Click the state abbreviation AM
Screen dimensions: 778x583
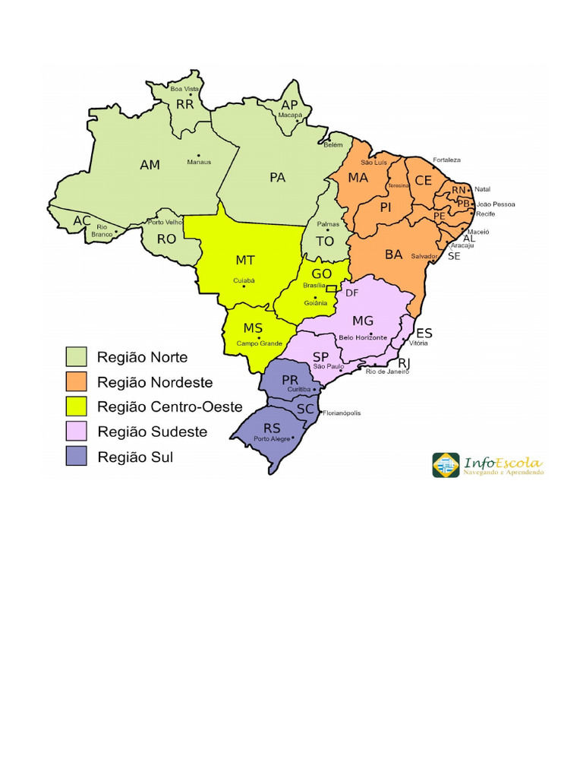pos(150,164)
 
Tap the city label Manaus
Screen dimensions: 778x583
pos(199,162)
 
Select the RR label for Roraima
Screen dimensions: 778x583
pos(184,105)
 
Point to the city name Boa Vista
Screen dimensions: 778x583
pos(184,89)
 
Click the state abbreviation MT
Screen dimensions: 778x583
pos(245,260)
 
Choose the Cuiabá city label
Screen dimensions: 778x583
pos(244,280)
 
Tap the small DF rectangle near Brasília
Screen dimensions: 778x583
pos(331,289)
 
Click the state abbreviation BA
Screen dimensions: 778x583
pos(393,255)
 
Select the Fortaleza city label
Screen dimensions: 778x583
pos(446,160)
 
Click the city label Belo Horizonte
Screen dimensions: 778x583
pos(363,337)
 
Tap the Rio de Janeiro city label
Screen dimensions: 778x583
pos(387,372)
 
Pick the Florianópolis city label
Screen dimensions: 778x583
pos(342,413)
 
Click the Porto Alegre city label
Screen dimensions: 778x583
pos(272,439)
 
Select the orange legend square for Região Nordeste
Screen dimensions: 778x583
pos(76,381)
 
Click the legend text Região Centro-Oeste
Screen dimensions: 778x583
pos(170,406)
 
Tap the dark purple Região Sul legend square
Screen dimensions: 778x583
pos(76,456)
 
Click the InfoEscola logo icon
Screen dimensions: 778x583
pos(446,465)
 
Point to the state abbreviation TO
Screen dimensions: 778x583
pos(324,241)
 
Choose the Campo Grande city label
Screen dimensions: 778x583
pos(259,343)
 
